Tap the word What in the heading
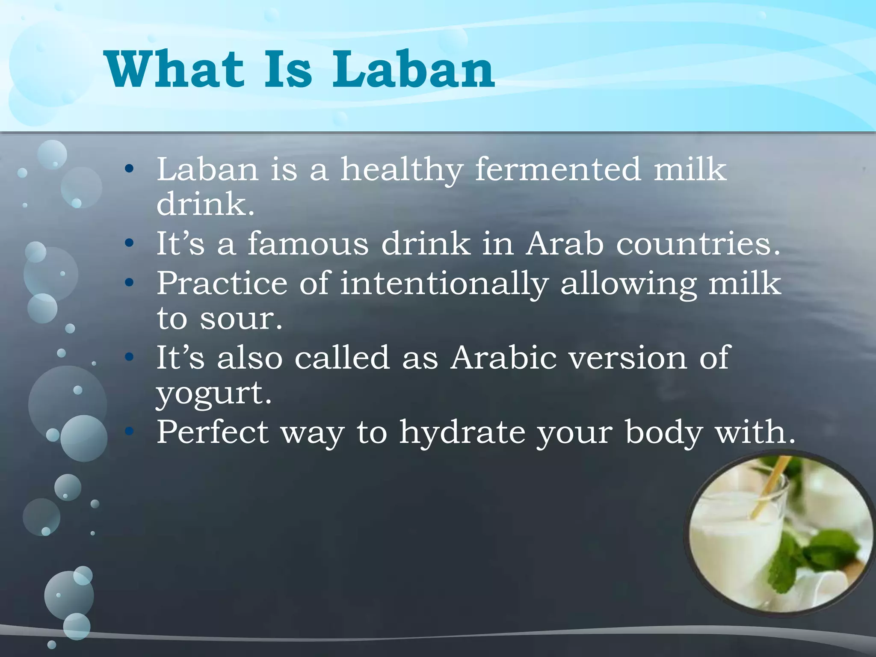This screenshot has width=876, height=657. point(175,69)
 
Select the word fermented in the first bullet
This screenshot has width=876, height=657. point(558,169)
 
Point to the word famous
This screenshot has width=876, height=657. point(308,244)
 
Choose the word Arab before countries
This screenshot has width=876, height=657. point(565,244)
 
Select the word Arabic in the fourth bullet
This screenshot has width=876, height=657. point(503,358)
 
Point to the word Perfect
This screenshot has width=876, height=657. point(213,432)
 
